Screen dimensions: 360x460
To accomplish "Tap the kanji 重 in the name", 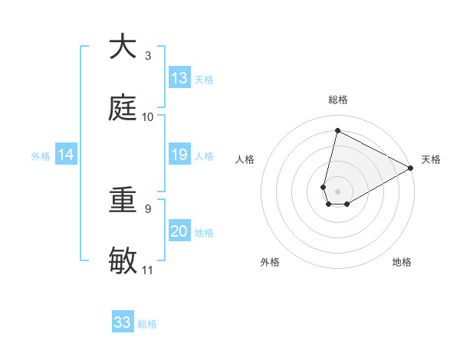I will pyautogui.click(x=123, y=201).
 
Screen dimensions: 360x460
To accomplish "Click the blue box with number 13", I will pyautogui.click(x=179, y=78).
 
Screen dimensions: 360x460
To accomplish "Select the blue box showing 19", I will pyautogui.click(x=179, y=155).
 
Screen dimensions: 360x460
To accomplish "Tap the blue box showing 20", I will pyautogui.click(x=179, y=231).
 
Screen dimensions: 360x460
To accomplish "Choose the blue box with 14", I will pyautogui.click(x=66, y=155).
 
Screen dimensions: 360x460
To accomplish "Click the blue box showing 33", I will pyautogui.click(x=123, y=322).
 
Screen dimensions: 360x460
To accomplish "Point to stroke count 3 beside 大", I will pyautogui.click(x=148, y=56).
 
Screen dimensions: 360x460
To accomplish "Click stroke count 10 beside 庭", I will pyautogui.click(x=148, y=117).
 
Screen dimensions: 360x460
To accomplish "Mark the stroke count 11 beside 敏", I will pyautogui.click(x=148, y=270).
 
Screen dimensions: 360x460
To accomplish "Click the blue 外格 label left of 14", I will pyautogui.click(x=41, y=156).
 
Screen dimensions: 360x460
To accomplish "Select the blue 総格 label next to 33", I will pyautogui.click(x=147, y=324).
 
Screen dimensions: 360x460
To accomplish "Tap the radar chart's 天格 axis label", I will pyautogui.click(x=431, y=159).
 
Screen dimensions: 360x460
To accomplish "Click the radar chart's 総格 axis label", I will pyautogui.click(x=338, y=100).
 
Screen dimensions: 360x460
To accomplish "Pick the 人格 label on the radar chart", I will pyautogui.click(x=245, y=159).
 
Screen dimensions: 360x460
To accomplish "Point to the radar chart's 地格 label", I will pyautogui.click(x=402, y=262).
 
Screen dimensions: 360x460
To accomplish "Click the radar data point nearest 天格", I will pyautogui.click(x=411, y=168).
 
